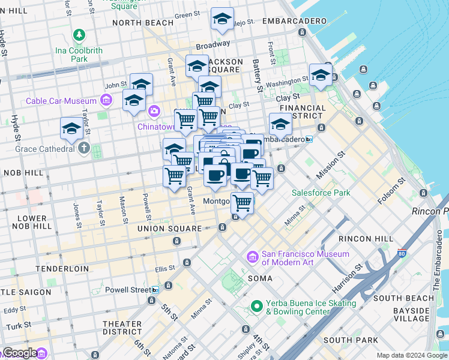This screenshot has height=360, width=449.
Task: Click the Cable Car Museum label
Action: pos(61,101)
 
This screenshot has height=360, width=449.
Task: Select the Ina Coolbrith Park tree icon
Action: pos(79,35)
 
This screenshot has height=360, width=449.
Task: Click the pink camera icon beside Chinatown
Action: pos(154,110)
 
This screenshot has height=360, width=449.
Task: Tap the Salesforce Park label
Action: pos(321,193)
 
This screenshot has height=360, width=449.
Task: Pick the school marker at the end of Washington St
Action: pos(321,76)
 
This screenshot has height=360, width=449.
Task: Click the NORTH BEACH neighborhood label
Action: pos(142,23)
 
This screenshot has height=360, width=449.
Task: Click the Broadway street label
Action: pos(212,44)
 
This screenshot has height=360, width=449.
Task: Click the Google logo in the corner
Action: pos(20,353)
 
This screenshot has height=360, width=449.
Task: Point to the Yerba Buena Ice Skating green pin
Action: pos(257,306)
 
